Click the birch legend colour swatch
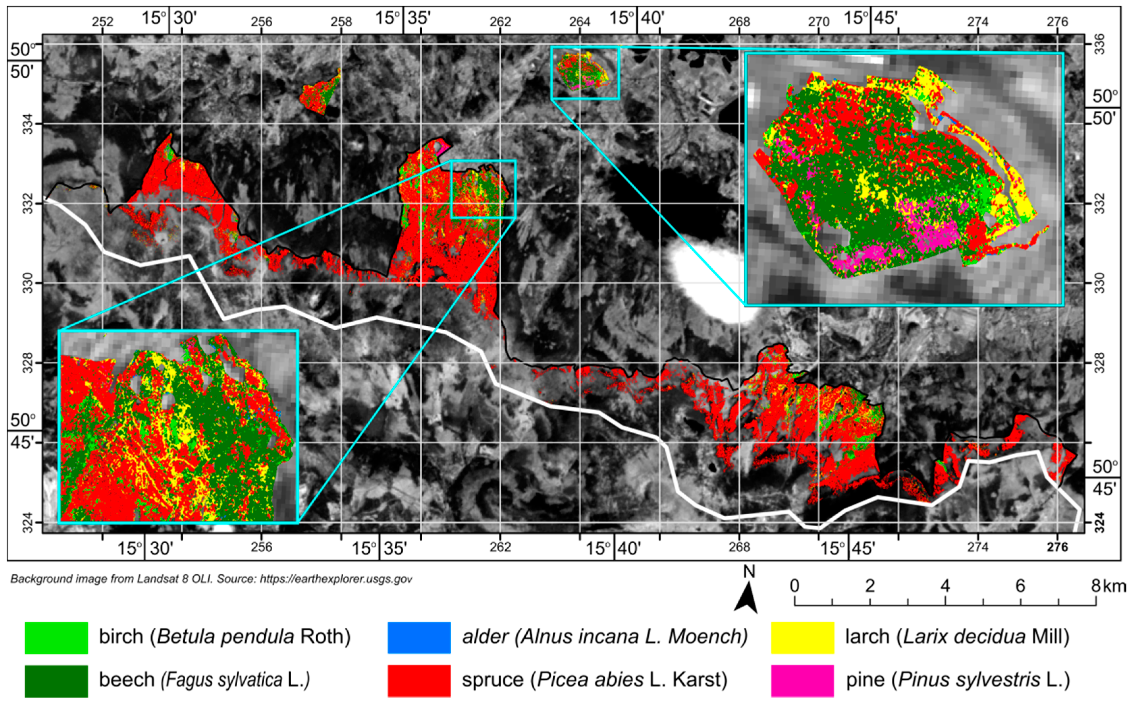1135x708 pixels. click(56, 637)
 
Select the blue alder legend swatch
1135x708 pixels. click(419, 637)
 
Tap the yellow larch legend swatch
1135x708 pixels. click(802, 637)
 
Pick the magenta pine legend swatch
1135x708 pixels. click(802, 680)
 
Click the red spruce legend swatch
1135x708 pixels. click(419, 680)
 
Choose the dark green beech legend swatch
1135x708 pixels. click(56, 680)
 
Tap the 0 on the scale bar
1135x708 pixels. click(794, 586)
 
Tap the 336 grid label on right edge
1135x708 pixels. click(1100, 44)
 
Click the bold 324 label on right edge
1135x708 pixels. click(1100, 523)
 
